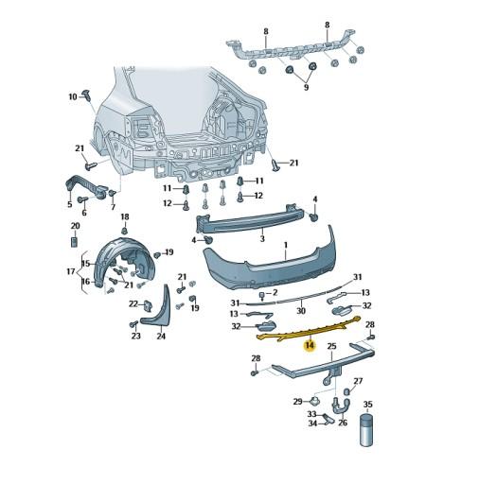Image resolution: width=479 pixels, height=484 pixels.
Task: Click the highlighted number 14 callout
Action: tap(310, 346)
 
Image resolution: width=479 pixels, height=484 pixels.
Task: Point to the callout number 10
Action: tap(73, 96)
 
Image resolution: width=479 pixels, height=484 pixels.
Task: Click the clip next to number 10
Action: tap(86, 95)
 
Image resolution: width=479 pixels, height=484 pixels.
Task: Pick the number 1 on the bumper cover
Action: tap(286, 245)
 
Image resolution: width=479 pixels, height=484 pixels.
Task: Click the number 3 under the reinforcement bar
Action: tap(262, 239)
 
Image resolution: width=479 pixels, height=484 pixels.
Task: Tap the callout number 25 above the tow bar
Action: tap(332, 347)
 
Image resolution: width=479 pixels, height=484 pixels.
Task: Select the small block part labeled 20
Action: tap(75, 242)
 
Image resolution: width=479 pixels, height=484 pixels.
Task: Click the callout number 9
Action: tap(306, 87)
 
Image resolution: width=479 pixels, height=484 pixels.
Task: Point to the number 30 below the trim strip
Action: tap(301, 311)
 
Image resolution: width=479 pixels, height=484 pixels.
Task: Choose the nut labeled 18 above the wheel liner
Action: tap(125, 231)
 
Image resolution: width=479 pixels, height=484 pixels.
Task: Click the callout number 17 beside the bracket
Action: tap(71, 271)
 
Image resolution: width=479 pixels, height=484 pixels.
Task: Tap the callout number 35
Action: tap(368, 405)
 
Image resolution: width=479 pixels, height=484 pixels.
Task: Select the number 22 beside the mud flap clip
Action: tap(133, 304)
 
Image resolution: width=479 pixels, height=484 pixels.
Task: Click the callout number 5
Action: tap(70, 204)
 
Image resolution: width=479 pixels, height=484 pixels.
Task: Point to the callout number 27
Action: tap(358, 381)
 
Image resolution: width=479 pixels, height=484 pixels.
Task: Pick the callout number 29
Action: tap(298, 402)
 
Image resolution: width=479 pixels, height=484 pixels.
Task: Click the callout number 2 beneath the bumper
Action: tap(275, 293)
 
